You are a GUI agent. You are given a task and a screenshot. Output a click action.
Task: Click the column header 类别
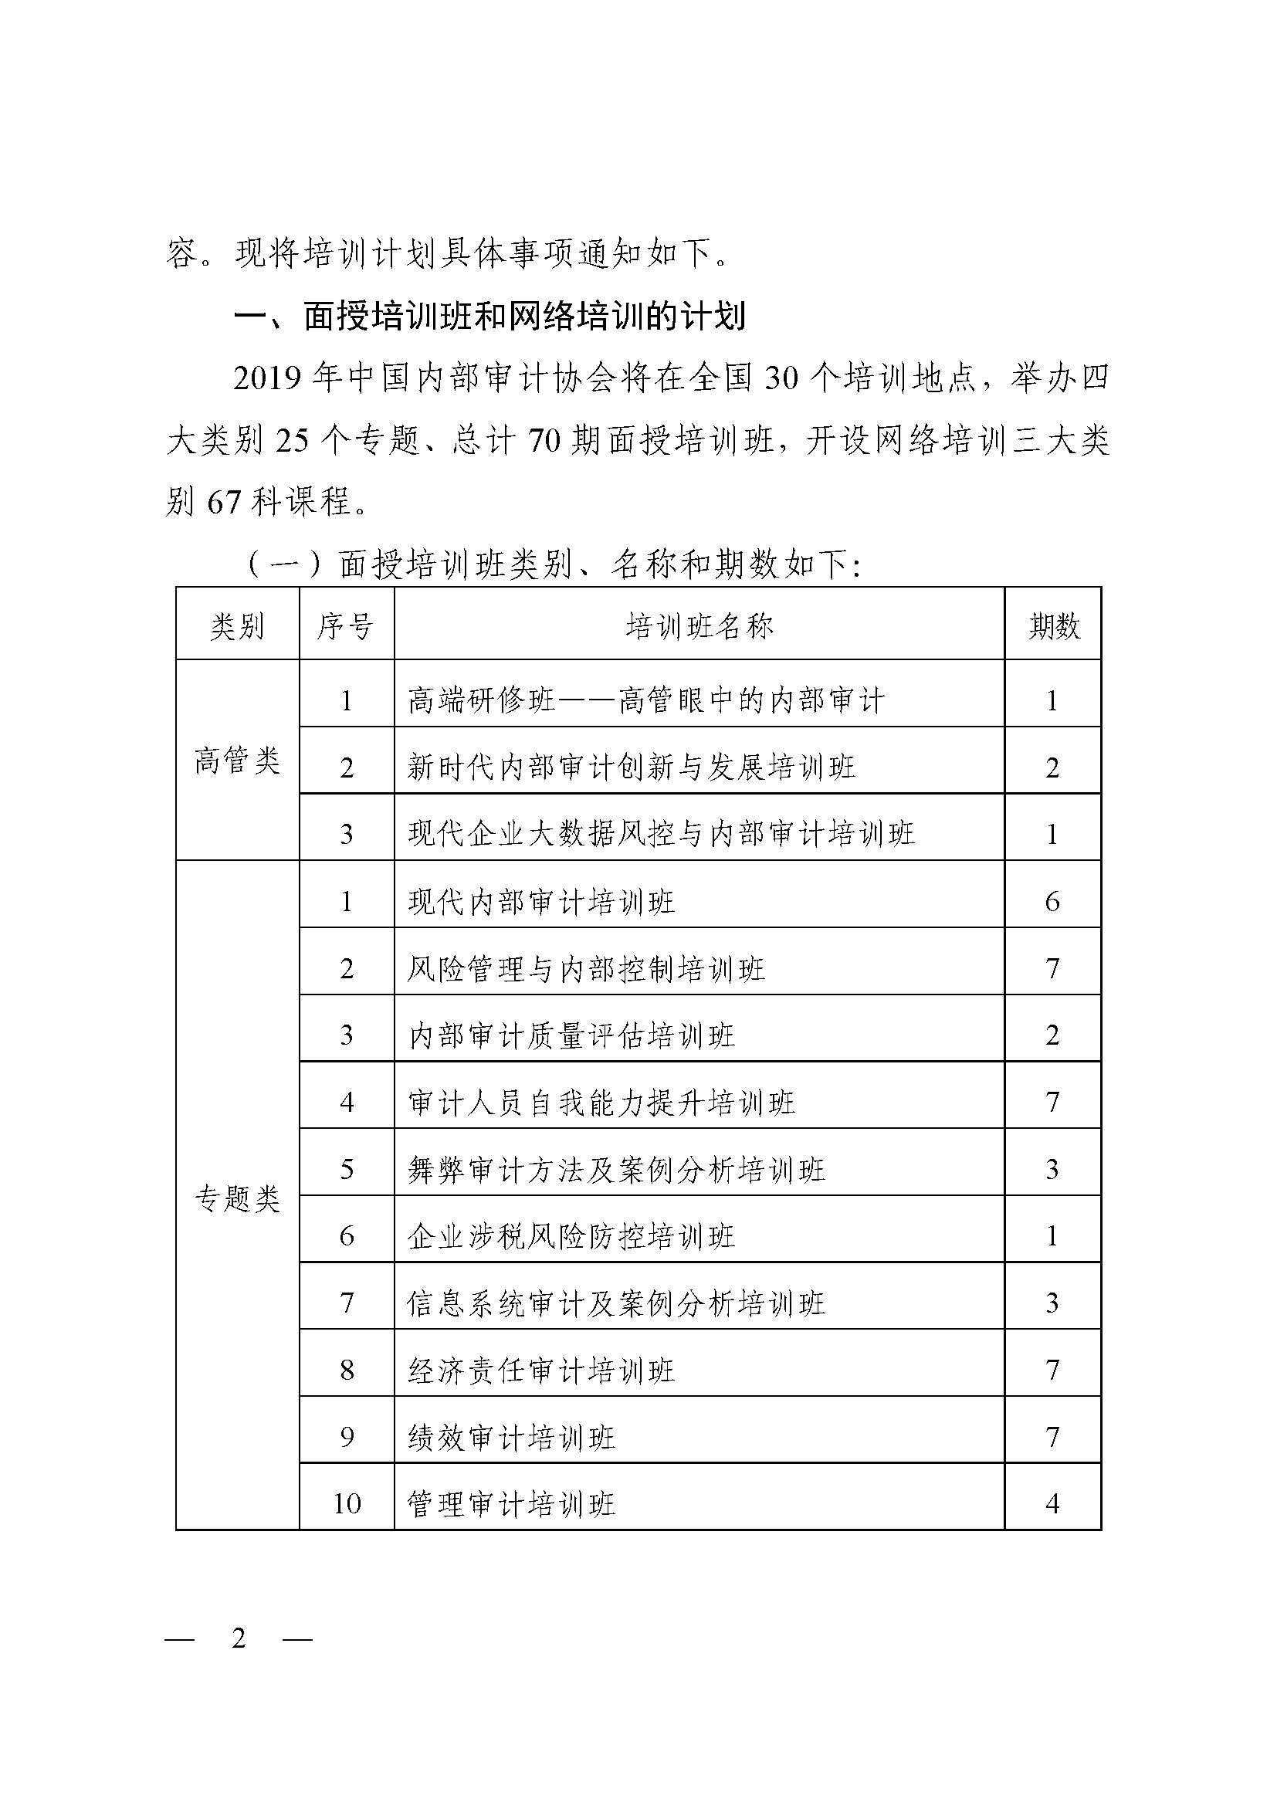tap(237, 627)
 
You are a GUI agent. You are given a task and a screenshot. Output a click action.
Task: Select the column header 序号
tap(345, 627)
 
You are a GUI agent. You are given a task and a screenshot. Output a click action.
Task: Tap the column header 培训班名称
tap(699, 627)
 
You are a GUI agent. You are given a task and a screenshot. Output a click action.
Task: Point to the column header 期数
tap(1054, 627)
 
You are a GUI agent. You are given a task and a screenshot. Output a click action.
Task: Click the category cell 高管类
tap(237, 761)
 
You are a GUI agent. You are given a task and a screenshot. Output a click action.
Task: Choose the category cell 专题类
tap(237, 1200)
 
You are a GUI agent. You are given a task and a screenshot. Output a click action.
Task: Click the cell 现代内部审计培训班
tap(541, 902)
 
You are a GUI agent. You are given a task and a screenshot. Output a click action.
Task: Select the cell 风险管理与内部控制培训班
tap(586, 969)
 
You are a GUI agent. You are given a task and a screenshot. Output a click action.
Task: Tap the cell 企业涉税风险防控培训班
tap(571, 1237)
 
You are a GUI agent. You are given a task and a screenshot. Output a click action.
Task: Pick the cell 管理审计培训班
tap(511, 1505)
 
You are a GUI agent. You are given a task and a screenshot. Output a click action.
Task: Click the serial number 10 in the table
tap(347, 1505)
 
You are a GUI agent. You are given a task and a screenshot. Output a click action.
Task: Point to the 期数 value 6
tap(1053, 902)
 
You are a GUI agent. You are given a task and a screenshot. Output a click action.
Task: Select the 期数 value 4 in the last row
tap(1053, 1505)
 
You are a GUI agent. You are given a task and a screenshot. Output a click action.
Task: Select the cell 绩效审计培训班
tap(511, 1438)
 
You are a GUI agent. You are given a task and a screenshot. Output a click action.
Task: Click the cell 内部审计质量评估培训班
tap(571, 1036)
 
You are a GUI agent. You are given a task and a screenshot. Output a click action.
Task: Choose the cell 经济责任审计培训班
tap(541, 1371)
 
